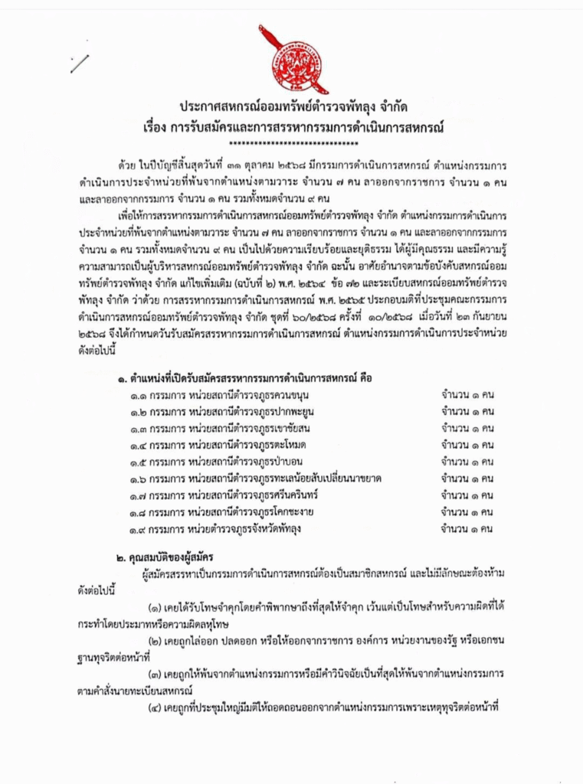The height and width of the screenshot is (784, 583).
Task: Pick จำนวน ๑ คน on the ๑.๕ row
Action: pyautogui.click(x=467, y=462)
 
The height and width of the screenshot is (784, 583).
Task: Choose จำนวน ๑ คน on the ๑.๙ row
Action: pyautogui.click(x=467, y=528)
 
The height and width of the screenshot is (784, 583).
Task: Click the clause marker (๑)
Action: pyautogui.click(x=158, y=606)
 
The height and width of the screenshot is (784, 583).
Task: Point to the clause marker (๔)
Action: pyautogui.click(x=158, y=707)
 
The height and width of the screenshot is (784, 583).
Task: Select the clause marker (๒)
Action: pyautogui.click(x=158, y=640)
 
